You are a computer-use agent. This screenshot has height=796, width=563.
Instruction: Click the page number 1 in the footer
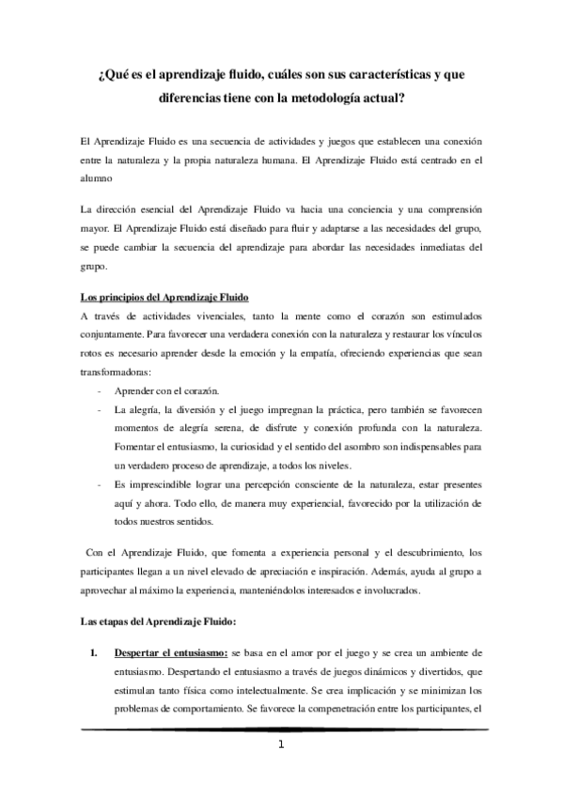point(282,746)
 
